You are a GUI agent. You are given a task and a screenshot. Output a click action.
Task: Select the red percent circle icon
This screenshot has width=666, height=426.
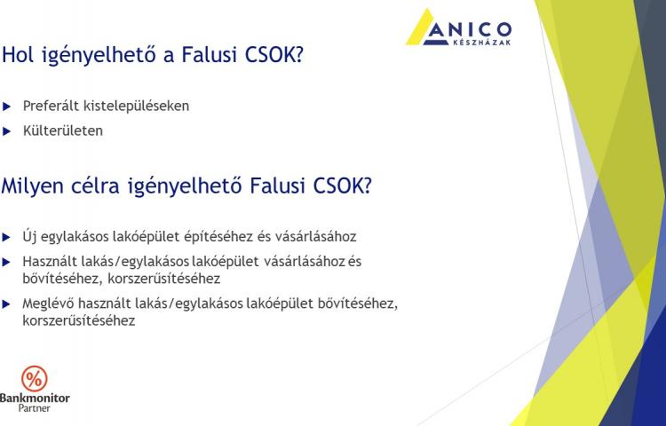click(35, 378)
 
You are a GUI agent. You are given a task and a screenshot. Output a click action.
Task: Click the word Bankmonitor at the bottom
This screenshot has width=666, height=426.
click(35, 398)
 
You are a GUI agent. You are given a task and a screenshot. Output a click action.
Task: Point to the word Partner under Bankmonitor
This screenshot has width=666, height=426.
click(34, 408)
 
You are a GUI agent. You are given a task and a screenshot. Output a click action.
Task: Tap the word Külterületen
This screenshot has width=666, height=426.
click(63, 130)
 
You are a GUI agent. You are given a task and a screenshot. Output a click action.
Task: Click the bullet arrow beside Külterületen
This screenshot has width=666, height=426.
click(6, 131)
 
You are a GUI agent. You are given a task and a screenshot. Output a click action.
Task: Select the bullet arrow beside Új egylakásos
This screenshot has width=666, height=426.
click(6, 237)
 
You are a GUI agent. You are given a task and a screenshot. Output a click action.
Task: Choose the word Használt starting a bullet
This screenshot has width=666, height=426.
click(48, 261)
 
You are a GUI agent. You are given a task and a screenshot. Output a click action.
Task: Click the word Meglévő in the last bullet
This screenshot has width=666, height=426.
click(49, 304)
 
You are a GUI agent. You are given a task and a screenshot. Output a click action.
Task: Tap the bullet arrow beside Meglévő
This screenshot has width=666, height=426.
click(6, 304)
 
